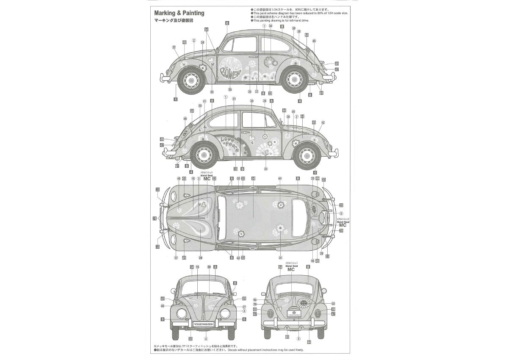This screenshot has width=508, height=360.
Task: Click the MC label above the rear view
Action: pyautogui.click(x=291, y=269)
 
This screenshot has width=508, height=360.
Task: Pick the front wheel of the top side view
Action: pyautogui.click(x=189, y=79)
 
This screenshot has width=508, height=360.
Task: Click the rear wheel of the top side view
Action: pyautogui.click(x=293, y=79)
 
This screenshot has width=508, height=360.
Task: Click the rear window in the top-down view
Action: pyautogui.click(x=304, y=216)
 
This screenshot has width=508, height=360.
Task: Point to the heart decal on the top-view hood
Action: pyautogui.click(x=203, y=205)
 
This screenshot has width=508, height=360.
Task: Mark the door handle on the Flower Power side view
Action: pyautogui.click(x=253, y=57)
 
